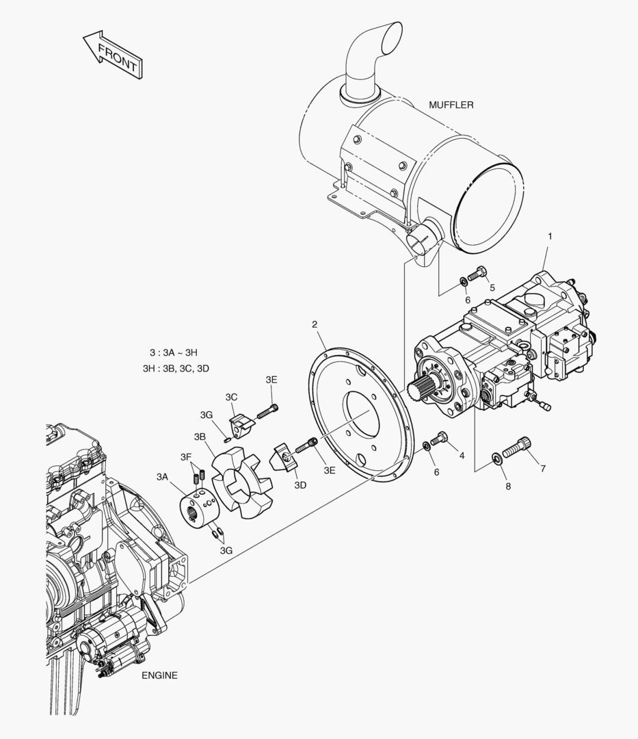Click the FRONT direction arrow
pos(113,55)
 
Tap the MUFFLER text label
pos(451,105)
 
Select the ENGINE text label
pos(159,675)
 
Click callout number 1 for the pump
pos(549,235)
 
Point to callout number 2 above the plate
pos(315,324)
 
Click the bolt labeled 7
pos(517,448)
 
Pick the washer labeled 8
pos(496,457)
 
